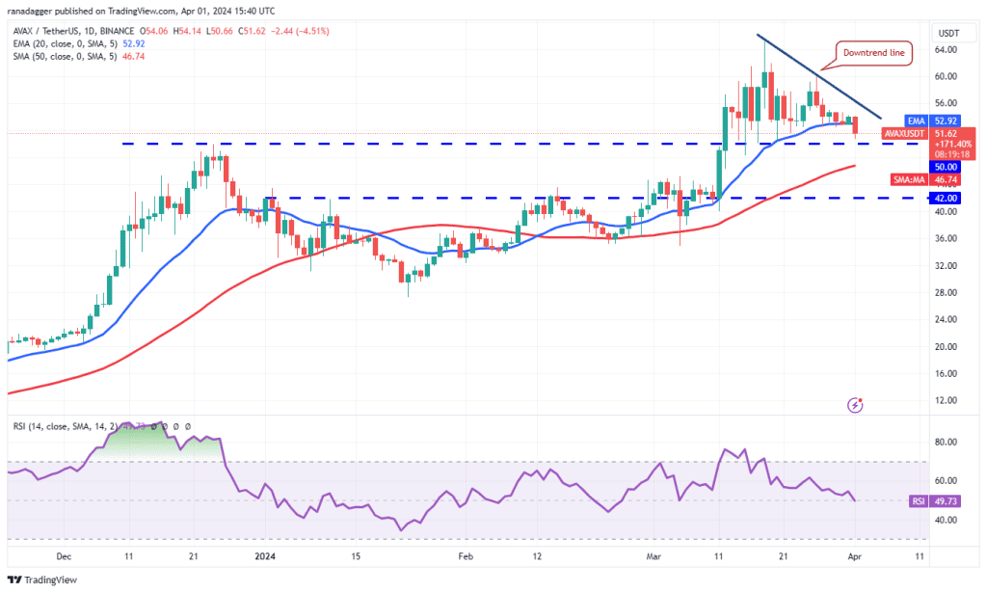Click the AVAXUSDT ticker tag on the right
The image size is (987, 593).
click(x=904, y=133)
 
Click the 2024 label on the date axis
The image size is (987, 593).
click(x=263, y=555)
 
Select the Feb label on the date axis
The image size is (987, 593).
click(x=465, y=555)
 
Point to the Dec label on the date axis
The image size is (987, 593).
click(x=64, y=555)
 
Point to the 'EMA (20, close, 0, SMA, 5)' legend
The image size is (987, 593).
click(x=66, y=43)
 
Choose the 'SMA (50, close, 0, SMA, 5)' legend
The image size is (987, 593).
click(x=66, y=57)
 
